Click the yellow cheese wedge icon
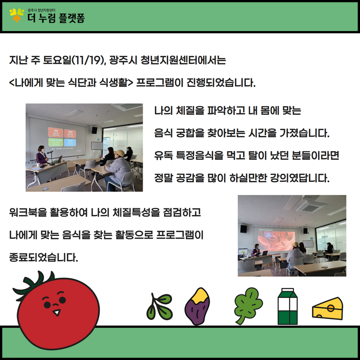328,308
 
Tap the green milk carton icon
288,306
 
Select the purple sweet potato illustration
198,306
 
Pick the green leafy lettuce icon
248,306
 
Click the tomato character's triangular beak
57,312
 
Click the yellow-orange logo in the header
17,15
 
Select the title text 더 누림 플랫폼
56,18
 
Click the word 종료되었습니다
44,257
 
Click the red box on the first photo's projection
55,132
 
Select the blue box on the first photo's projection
70,142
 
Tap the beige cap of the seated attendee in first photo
120,153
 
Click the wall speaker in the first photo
94,130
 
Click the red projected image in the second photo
276,240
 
